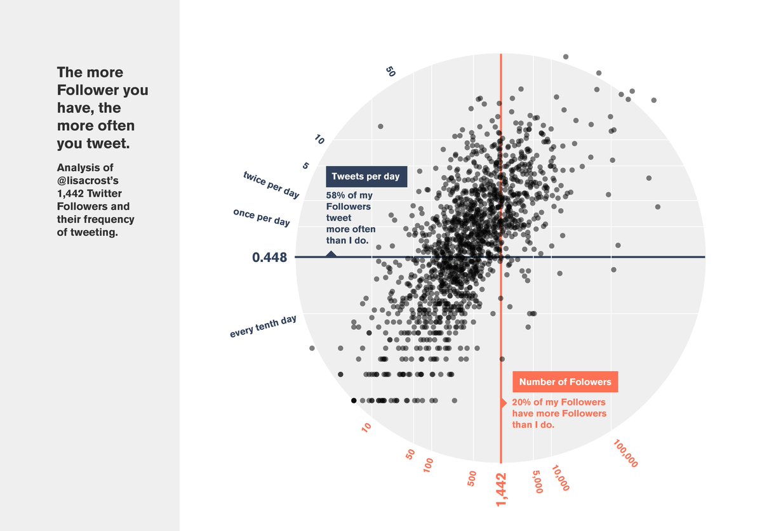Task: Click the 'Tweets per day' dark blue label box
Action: click(x=366, y=176)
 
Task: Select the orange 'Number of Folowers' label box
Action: click(x=565, y=382)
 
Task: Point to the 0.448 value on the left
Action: click(x=269, y=258)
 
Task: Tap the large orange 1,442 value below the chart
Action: click(x=502, y=489)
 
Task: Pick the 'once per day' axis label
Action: click(x=262, y=217)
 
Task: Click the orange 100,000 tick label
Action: click(x=626, y=453)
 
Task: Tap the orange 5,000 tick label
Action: click(x=537, y=482)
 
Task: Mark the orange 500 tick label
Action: click(x=472, y=479)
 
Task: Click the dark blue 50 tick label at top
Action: click(x=391, y=72)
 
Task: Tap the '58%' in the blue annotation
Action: click(x=335, y=195)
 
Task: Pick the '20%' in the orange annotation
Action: click(x=522, y=402)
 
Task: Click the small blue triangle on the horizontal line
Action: click(x=331, y=254)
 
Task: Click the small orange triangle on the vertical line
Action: click(x=504, y=403)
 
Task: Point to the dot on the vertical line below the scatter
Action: click(x=502, y=360)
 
